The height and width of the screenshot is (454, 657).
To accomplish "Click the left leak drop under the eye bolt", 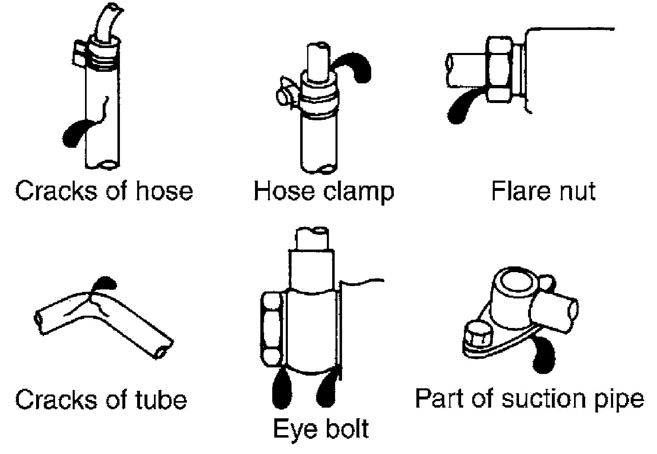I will click(x=282, y=390).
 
